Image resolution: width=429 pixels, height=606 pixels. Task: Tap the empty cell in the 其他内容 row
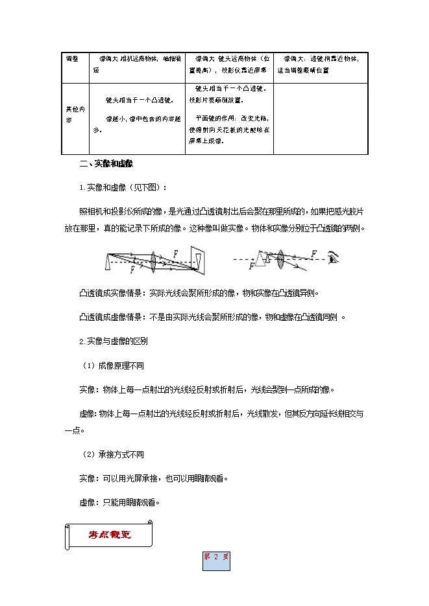click(321, 119)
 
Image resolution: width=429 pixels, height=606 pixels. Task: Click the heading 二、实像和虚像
click(106, 163)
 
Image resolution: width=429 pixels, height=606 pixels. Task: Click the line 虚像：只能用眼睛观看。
click(119, 502)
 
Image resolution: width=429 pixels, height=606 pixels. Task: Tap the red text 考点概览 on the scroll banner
click(109, 535)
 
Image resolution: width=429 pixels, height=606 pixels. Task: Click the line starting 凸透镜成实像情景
click(199, 292)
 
